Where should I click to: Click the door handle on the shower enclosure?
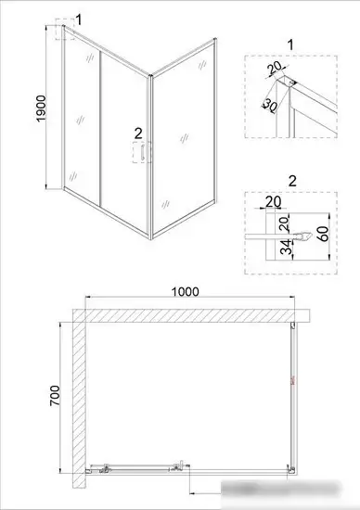[x=143, y=154]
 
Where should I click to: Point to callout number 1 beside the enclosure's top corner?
[x=80, y=18]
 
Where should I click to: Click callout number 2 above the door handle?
[x=138, y=132]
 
